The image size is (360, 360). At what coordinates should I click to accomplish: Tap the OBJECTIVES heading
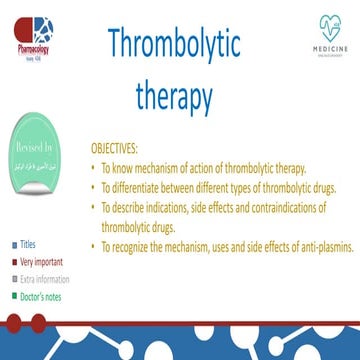pos(141,147)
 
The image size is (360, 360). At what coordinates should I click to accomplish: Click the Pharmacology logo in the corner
pos(27,25)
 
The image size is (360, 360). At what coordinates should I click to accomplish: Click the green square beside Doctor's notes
pos(14,296)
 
